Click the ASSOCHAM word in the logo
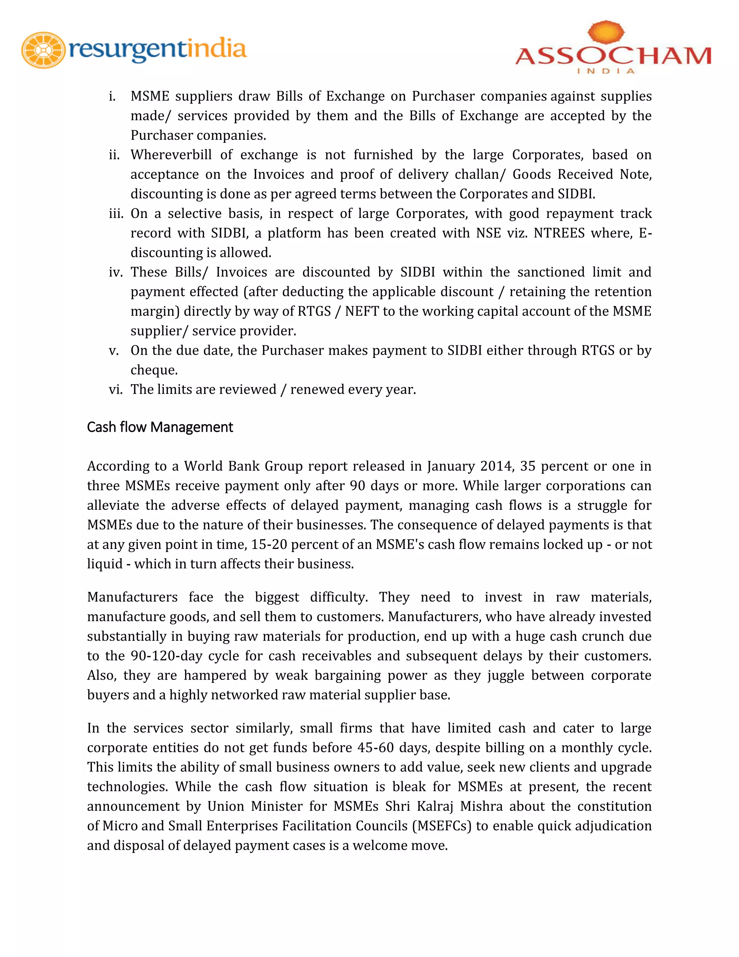point(613,56)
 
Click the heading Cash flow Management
point(160,427)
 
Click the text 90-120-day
point(166,655)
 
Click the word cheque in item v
point(154,370)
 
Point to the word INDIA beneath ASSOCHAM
point(605,71)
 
